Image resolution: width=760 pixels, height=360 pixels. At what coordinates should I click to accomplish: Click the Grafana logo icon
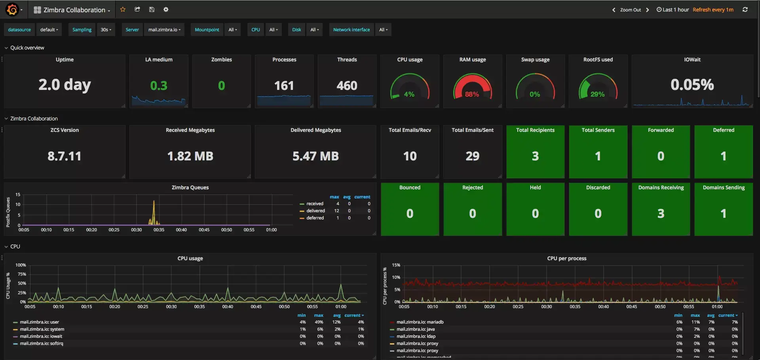(12, 9)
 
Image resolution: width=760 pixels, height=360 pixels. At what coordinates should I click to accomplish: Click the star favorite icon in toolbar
(123, 10)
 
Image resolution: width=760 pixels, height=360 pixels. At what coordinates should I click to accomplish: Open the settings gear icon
(166, 10)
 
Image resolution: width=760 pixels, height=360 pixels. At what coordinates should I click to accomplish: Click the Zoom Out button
(630, 10)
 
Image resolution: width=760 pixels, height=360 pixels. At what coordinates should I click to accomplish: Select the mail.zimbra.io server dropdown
(164, 30)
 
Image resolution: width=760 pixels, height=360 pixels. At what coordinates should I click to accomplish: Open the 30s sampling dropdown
(106, 30)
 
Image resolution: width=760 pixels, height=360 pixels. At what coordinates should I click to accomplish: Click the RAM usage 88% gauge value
(472, 94)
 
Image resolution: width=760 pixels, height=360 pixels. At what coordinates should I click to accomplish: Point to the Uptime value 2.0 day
(65, 85)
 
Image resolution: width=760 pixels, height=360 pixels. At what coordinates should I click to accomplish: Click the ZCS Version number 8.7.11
(65, 156)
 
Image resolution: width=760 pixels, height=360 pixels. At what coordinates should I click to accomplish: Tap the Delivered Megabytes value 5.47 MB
(315, 156)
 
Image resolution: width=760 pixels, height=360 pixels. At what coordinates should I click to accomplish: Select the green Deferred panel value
(723, 156)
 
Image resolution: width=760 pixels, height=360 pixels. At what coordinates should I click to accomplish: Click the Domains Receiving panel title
(661, 187)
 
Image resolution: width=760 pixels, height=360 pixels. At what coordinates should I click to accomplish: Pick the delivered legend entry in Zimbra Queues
(315, 211)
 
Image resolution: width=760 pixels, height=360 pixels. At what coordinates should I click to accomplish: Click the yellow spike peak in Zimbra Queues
(154, 201)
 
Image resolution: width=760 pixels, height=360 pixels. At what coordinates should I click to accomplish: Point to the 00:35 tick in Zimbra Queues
(159, 230)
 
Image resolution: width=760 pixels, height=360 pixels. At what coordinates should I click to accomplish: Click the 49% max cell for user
(319, 322)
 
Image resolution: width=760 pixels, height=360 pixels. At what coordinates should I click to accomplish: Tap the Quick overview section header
(27, 48)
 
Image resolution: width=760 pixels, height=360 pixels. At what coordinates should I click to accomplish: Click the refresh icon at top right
(745, 10)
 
